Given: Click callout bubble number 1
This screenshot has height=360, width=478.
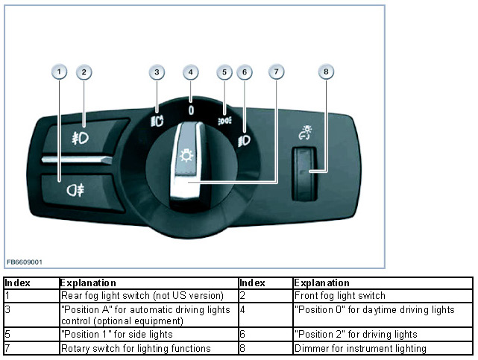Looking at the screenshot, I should (x=60, y=72).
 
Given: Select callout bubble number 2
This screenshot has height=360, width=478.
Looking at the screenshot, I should (x=84, y=72).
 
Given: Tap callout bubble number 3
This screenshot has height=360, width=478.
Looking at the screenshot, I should (x=156, y=72).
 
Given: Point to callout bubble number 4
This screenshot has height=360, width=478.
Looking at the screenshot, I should (x=192, y=72).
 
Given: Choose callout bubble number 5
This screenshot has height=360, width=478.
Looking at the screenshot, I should (x=224, y=72).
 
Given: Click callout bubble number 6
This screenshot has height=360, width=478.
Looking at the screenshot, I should (x=245, y=72).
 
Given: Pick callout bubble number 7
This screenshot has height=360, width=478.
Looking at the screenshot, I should (x=277, y=72).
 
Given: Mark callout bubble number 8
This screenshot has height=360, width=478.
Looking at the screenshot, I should (x=325, y=72).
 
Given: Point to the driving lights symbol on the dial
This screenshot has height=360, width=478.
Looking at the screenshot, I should (x=244, y=139).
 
